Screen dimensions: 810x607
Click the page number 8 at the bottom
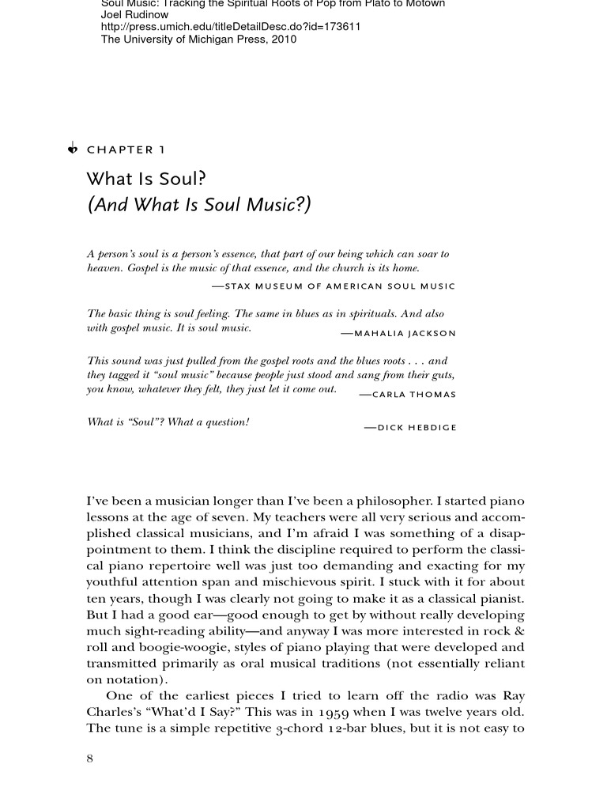click(x=89, y=759)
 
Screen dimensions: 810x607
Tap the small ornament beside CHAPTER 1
click(x=73, y=147)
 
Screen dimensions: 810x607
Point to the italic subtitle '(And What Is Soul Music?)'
click(x=199, y=205)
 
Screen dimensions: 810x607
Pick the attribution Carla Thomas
click(x=407, y=394)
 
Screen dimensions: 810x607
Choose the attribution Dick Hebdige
click(x=409, y=427)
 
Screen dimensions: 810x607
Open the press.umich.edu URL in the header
click(x=231, y=26)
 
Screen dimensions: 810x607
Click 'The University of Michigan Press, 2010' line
click(x=198, y=39)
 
